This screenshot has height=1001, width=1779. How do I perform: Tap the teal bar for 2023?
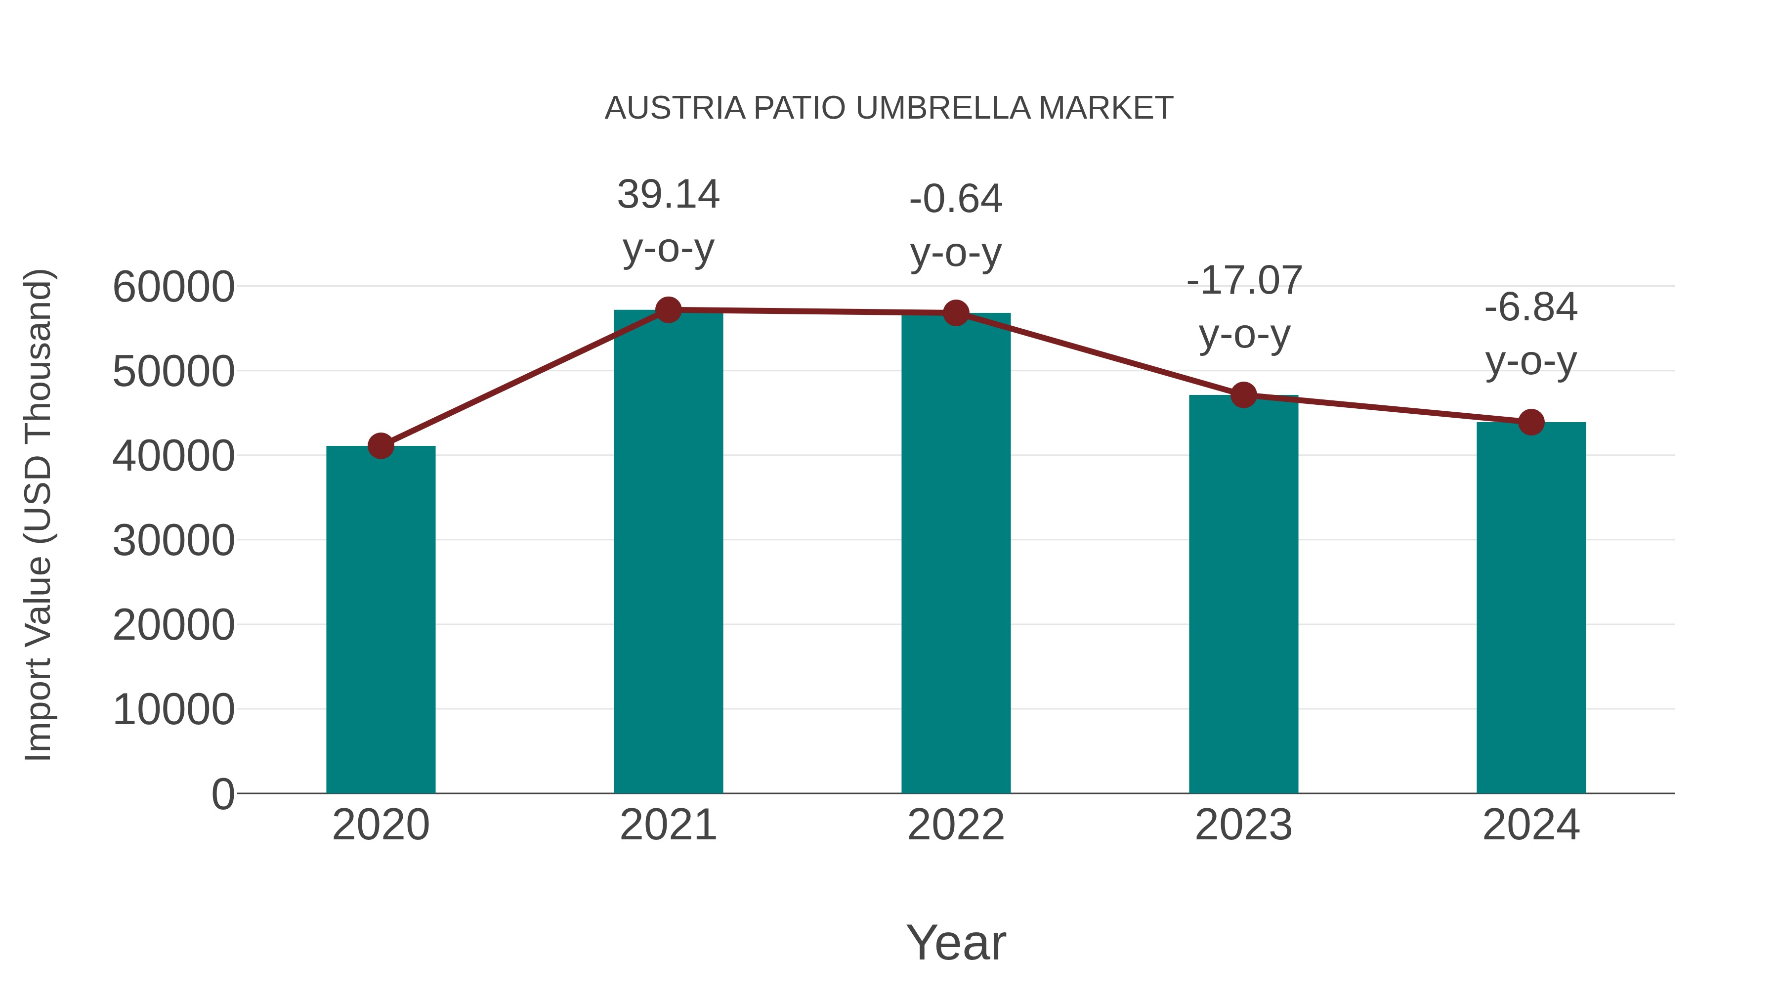pyautogui.click(x=1243, y=594)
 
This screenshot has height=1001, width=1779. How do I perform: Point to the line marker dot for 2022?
pyautogui.click(x=956, y=313)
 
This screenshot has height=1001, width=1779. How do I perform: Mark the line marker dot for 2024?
pyautogui.click(x=1531, y=422)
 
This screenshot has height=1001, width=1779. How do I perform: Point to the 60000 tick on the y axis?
pyautogui.click(x=173, y=287)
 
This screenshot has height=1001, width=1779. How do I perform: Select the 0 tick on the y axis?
pyautogui.click(x=222, y=794)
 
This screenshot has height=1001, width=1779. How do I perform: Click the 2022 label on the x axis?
pyautogui.click(x=956, y=825)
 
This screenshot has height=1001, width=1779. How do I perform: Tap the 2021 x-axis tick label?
pyautogui.click(x=668, y=825)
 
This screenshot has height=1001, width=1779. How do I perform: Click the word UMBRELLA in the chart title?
pyautogui.click(x=943, y=108)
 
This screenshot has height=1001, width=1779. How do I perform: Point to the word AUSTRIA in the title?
pyautogui.click(x=675, y=108)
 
